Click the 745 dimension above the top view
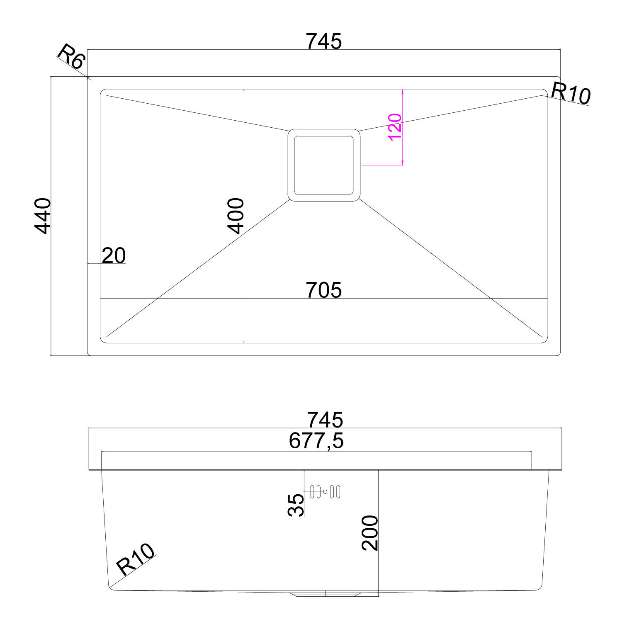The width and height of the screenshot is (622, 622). [x=324, y=41]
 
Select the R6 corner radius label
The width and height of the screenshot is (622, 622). [x=71, y=57]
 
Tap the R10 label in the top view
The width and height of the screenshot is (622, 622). [x=571, y=93]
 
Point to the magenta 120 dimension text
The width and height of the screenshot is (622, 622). [x=395, y=127]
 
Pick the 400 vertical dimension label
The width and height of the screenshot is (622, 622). [x=236, y=216]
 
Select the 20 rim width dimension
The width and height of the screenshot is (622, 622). [x=113, y=255]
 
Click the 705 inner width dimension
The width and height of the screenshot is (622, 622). [x=324, y=290]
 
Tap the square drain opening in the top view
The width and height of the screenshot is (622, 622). [x=324, y=165]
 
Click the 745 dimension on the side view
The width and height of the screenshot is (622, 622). [x=325, y=420]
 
